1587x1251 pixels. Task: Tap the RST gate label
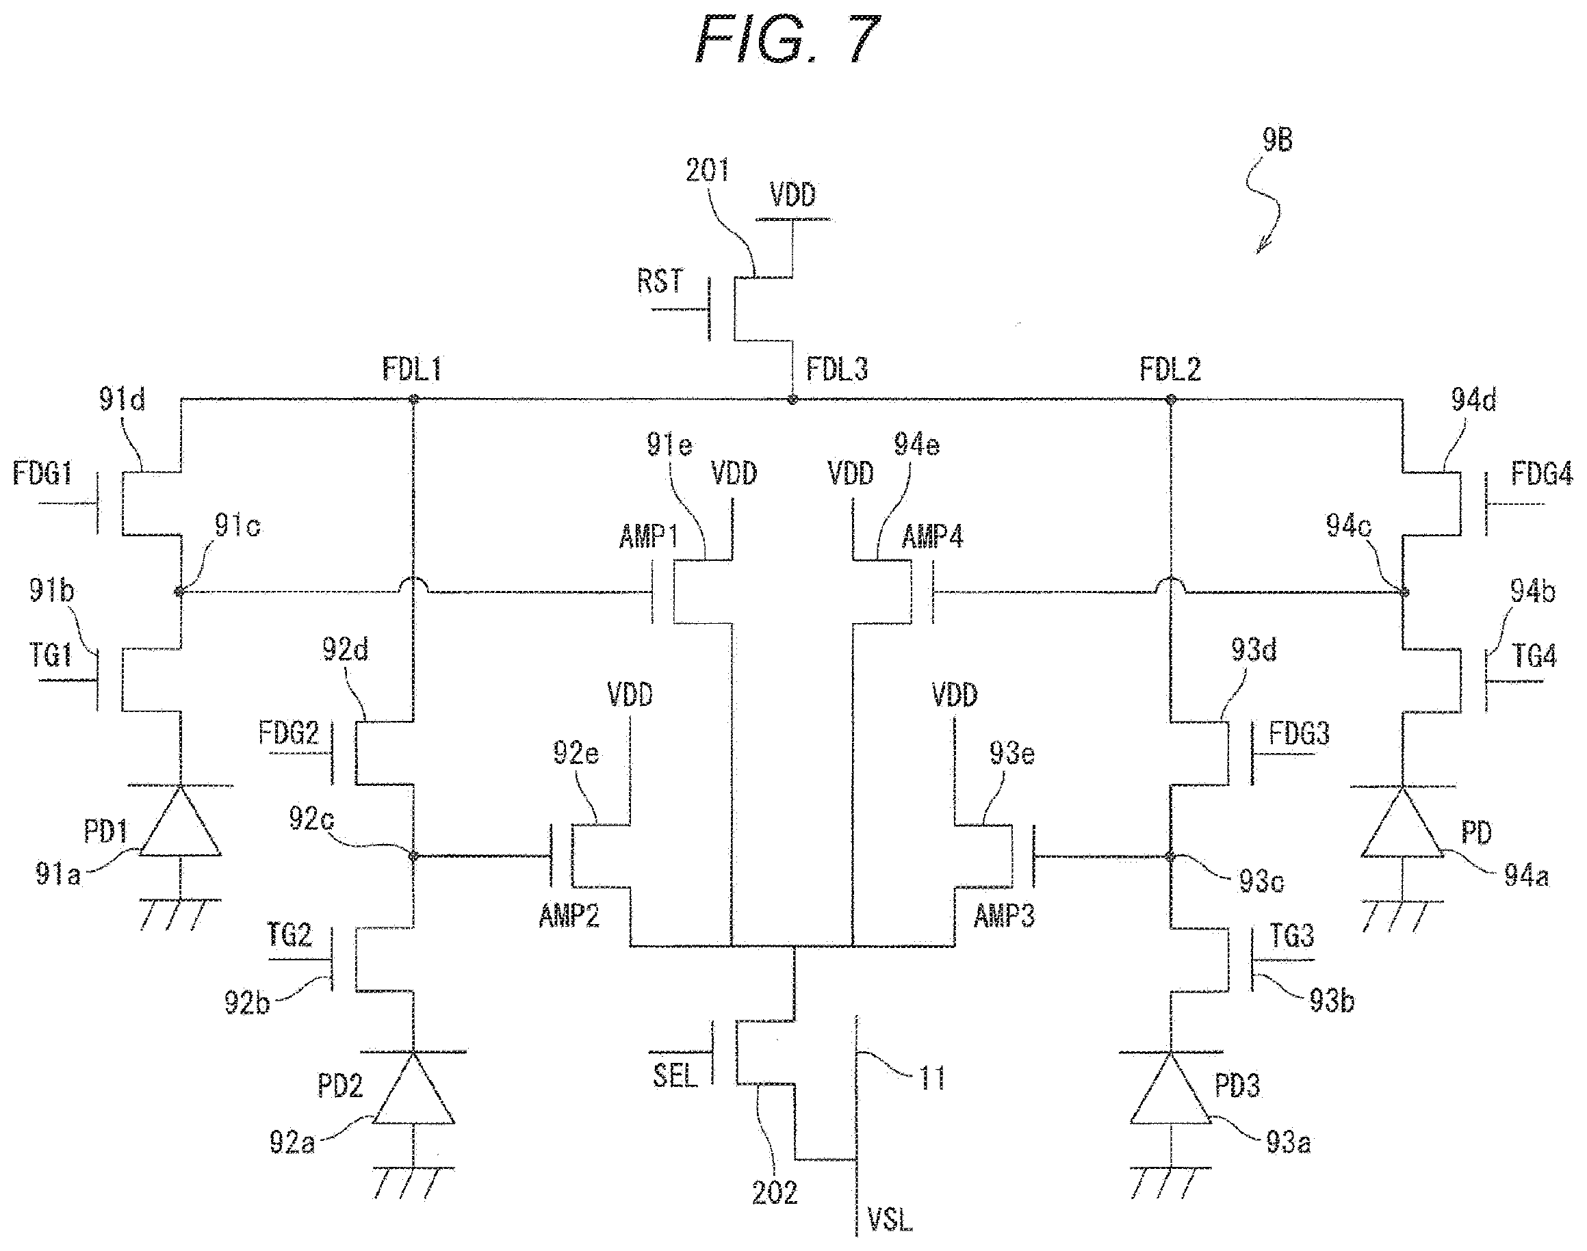click(x=660, y=281)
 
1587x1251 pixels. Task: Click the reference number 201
click(x=707, y=171)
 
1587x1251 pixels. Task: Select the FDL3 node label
click(x=837, y=369)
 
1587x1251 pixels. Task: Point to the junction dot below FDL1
click(x=413, y=400)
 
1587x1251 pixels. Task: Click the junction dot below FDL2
click(x=1170, y=400)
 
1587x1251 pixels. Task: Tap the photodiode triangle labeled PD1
click(x=179, y=820)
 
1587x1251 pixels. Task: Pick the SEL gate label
click(x=675, y=1075)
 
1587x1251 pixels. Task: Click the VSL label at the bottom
click(x=890, y=1220)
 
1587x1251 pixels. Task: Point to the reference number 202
click(x=775, y=1193)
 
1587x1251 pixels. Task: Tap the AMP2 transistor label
click(x=569, y=916)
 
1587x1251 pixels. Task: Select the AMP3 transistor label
click(x=1004, y=916)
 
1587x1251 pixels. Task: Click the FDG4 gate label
click(x=1542, y=474)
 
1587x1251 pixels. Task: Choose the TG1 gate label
click(x=51, y=655)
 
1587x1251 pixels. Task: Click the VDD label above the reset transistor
click(x=792, y=195)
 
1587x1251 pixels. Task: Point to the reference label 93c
click(x=1261, y=881)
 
